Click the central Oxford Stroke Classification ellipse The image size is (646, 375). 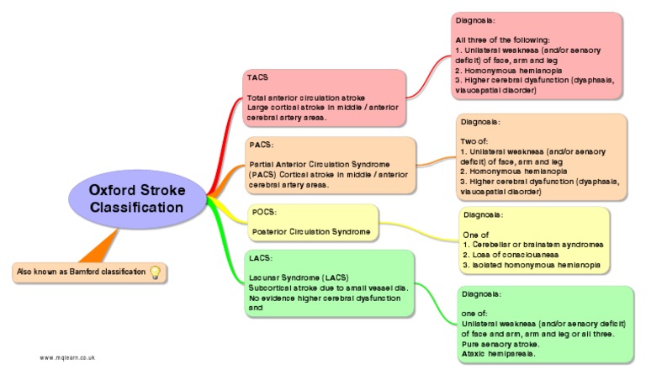point(136,198)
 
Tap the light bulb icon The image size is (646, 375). point(154,272)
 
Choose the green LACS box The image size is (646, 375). point(330,283)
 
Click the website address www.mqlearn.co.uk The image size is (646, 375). point(66,357)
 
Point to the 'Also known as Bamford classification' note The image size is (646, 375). point(79,272)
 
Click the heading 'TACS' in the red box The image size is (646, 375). point(257,77)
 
